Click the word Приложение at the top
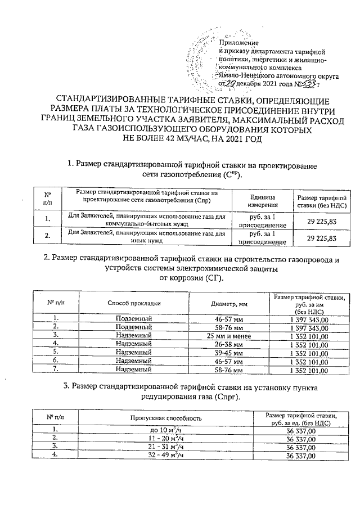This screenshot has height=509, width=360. [238, 43]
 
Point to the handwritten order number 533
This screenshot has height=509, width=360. [307, 83]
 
